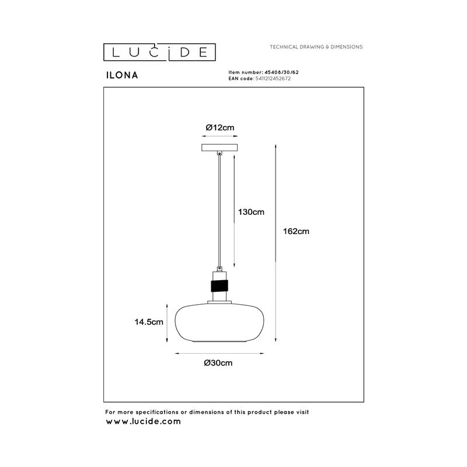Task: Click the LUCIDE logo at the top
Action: [159, 52]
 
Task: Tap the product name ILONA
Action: [122, 75]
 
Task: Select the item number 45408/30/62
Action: [281, 72]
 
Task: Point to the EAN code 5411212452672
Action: [273, 79]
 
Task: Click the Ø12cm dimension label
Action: [220, 127]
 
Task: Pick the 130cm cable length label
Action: [251, 212]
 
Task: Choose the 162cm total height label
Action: [296, 231]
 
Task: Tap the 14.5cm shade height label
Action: [149, 322]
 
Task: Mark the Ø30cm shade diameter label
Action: [218, 363]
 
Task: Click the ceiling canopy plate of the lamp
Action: [219, 148]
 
